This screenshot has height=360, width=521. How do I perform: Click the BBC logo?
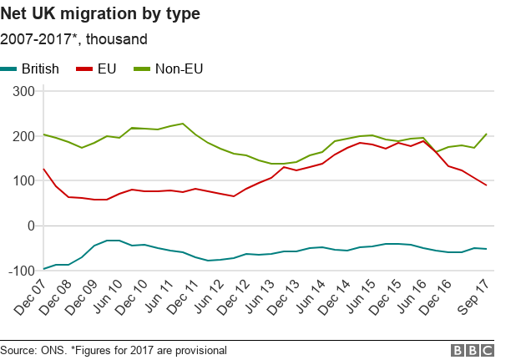pos(472,350)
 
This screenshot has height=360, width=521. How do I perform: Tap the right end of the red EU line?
pos(487,185)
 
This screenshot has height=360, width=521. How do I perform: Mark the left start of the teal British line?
pos(43,269)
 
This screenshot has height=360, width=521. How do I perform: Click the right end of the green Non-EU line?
pos(487,134)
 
